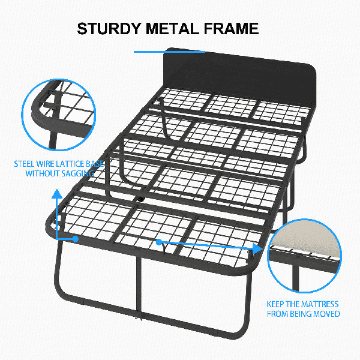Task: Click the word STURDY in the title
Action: point(109,29)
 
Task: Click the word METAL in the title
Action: point(172,29)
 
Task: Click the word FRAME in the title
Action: point(231,29)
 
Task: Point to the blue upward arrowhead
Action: point(57,194)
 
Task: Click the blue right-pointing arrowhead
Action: point(257,249)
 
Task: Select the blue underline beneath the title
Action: point(169,52)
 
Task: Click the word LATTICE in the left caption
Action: point(70,164)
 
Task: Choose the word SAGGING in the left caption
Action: point(76,174)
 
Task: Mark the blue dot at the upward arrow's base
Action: point(76,239)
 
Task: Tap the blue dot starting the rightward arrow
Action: point(159,242)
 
